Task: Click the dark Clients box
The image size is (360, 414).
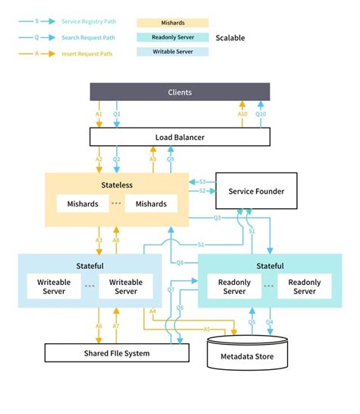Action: (x=180, y=92)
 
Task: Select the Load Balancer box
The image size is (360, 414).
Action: (x=180, y=137)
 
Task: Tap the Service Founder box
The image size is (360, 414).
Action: (x=256, y=191)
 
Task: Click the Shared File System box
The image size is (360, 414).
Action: (x=116, y=353)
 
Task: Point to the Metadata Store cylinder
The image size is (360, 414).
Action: (x=247, y=353)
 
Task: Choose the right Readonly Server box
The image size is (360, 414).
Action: (x=304, y=287)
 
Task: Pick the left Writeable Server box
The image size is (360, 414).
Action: (x=55, y=287)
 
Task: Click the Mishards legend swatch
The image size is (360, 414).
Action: (x=172, y=24)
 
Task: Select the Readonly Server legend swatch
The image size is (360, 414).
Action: (x=172, y=37)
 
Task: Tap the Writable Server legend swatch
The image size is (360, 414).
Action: (x=172, y=52)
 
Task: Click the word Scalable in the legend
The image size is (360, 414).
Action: (x=230, y=37)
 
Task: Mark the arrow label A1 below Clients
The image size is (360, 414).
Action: (x=99, y=114)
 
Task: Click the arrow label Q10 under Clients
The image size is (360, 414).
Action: (x=261, y=114)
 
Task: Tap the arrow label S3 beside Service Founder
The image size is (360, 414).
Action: (x=203, y=182)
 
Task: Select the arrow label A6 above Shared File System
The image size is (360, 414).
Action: (x=99, y=326)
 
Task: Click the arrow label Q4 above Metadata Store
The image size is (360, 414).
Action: (x=270, y=322)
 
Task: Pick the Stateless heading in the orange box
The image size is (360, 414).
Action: (x=116, y=185)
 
